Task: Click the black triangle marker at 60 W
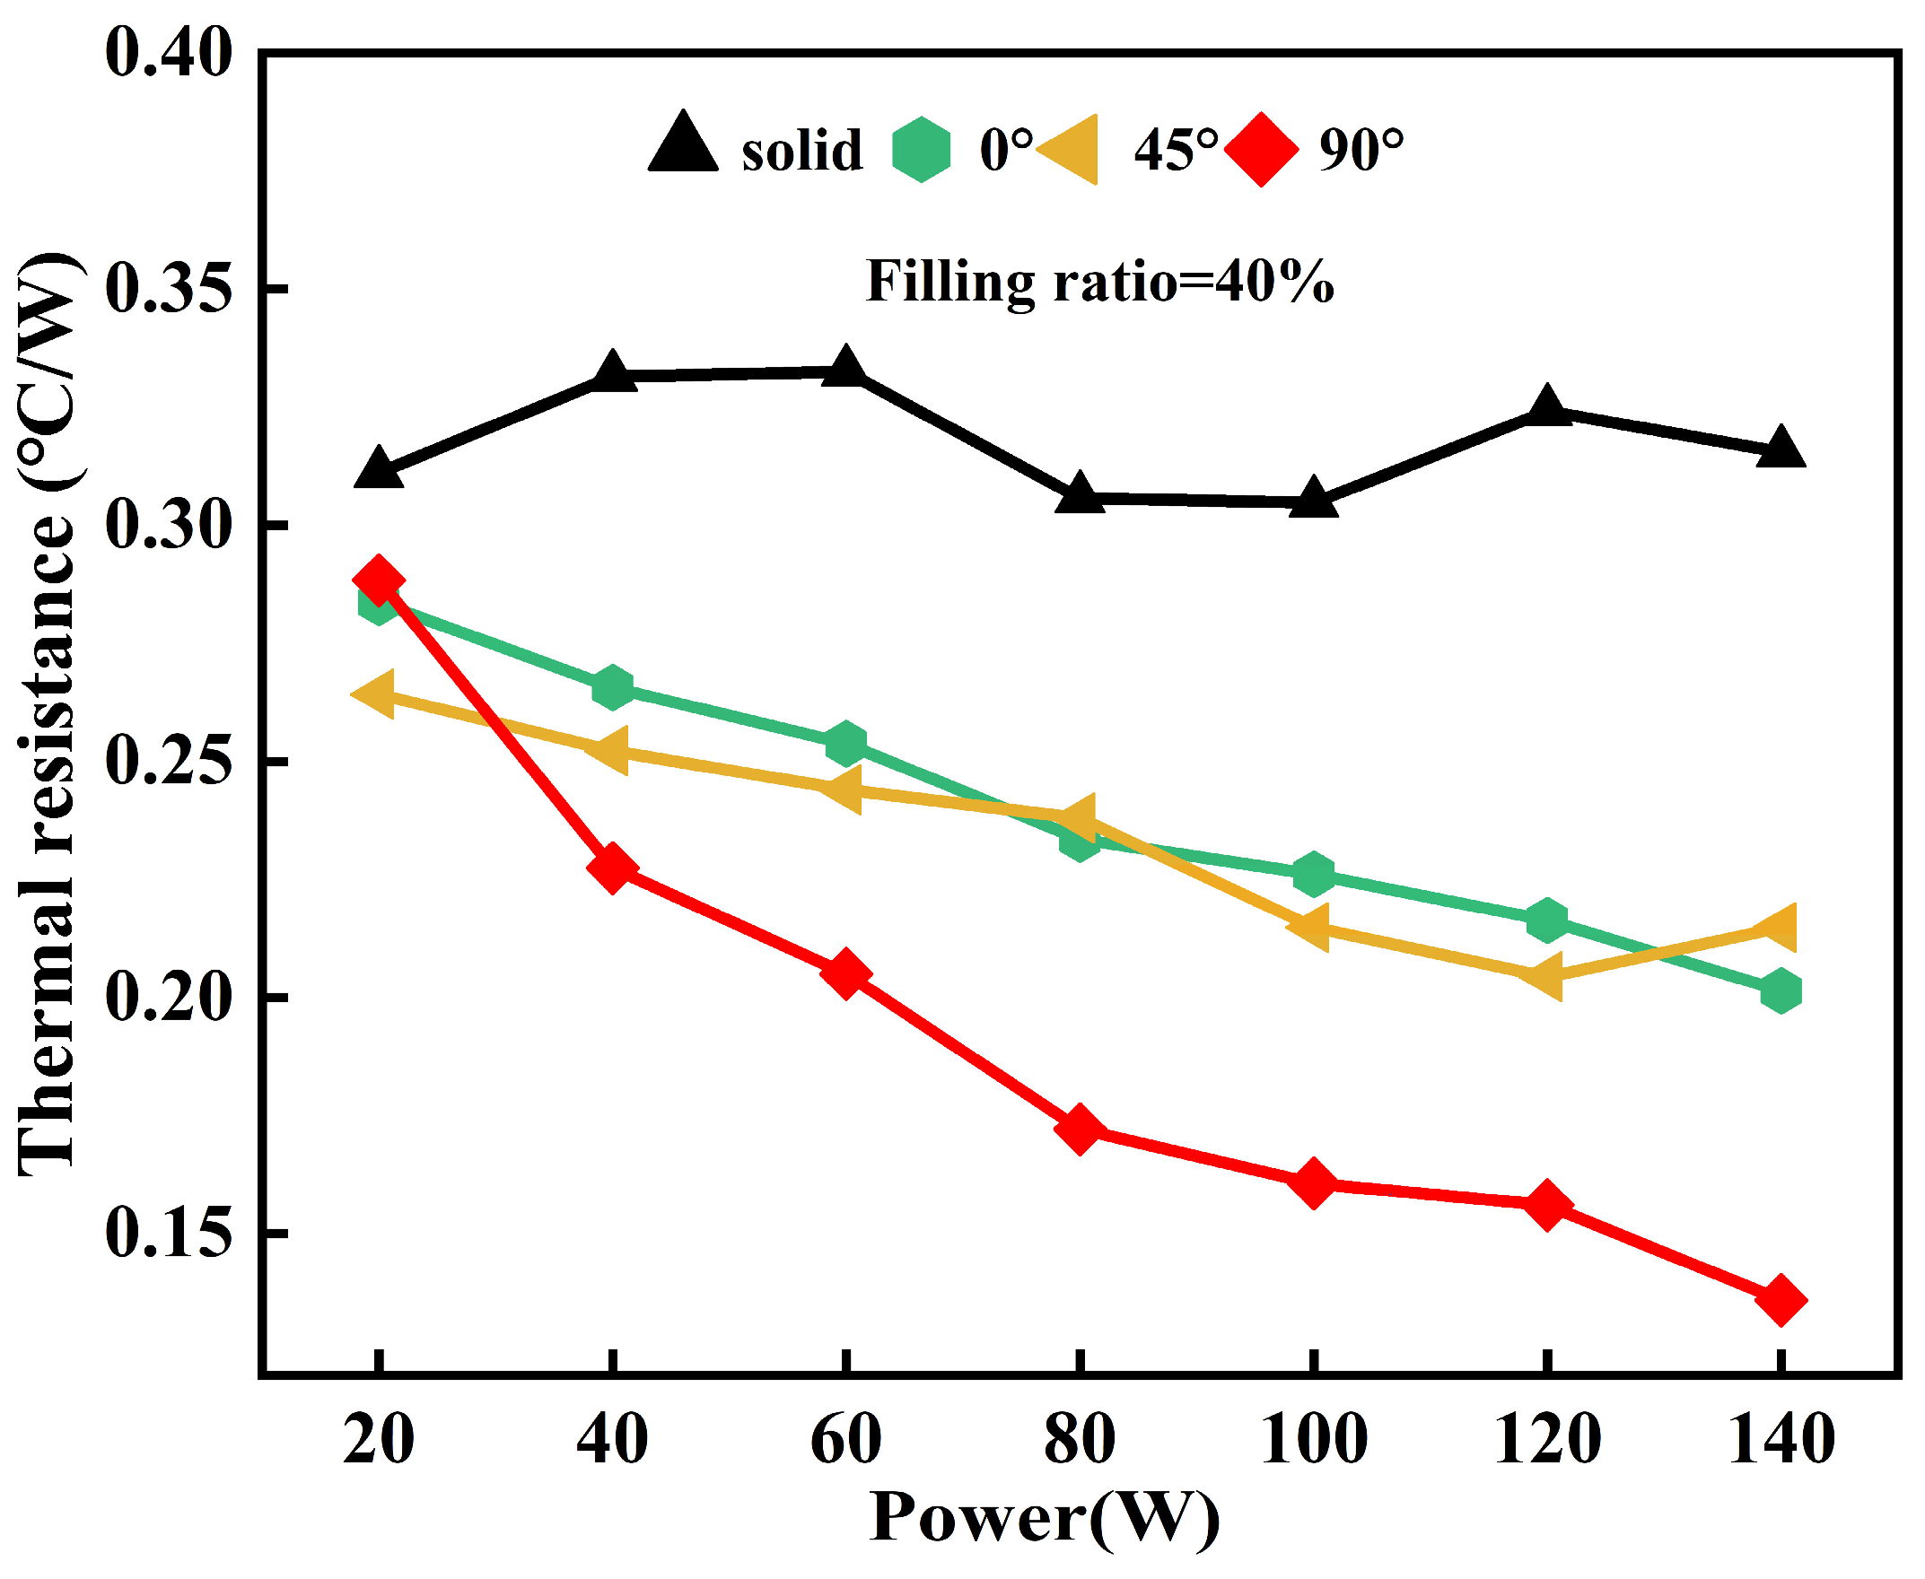pyautogui.click(x=846, y=368)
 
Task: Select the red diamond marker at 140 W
pyautogui.click(x=1781, y=1301)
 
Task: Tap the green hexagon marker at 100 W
pyautogui.click(x=1313, y=874)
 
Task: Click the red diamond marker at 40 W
pyautogui.click(x=612, y=868)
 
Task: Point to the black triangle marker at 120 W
pyautogui.click(x=1546, y=406)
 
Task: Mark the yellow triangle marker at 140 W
pyautogui.click(x=1777, y=927)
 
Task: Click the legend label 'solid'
pyautogui.click(x=801, y=150)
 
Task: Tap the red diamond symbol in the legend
pyautogui.click(x=1261, y=149)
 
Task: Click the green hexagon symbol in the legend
pyautogui.click(x=921, y=149)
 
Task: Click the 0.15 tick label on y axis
pyautogui.click(x=169, y=1234)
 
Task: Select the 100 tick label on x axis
pyautogui.click(x=1313, y=1440)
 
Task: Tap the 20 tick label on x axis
pyautogui.click(x=379, y=1440)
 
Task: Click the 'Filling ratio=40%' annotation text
pyautogui.click(x=1099, y=282)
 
